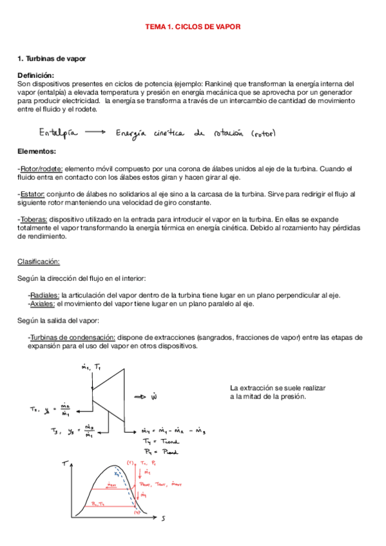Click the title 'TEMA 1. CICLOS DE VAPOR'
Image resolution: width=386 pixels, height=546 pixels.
click(x=193, y=27)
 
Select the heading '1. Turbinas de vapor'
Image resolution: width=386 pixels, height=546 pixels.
click(x=52, y=59)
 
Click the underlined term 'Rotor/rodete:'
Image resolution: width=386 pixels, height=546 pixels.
click(x=41, y=169)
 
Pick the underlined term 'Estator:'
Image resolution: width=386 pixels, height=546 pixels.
click(x=33, y=194)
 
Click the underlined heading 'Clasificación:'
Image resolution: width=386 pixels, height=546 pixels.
click(x=39, y=261)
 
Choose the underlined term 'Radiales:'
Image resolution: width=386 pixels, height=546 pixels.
click(x=44, y=295)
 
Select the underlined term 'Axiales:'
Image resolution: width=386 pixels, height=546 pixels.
click(x=42, y=303)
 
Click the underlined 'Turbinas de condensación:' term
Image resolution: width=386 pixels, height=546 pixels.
click(x=72, y=337)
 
